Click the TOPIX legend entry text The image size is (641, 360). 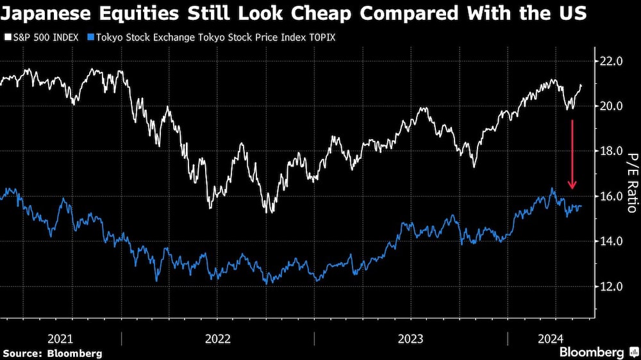point(216,38)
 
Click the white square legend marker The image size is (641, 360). point(5,38)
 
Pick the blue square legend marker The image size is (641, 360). point(91,38)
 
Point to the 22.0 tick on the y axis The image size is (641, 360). point(611,61)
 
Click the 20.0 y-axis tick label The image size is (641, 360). point(611,106)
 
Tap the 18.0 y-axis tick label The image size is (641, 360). point(611,151)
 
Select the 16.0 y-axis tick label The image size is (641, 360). point(611,196)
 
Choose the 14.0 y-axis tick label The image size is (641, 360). point(611,241)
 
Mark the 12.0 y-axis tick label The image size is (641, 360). point(611,286)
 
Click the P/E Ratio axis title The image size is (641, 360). point(631,183)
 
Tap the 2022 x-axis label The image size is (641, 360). point(218,338)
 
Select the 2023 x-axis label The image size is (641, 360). point(410,338)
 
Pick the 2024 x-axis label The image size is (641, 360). point(551,338)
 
